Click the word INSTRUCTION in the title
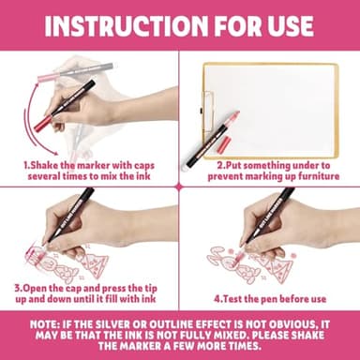pyautogui.click(x=126, y=25)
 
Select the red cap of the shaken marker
pyautogui.click(x=42, y=123)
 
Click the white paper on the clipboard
pyautogui.click(x=274, y=110)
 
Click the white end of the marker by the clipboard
pyautogui.click(x=185, y=167)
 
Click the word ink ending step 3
pyautogui.click(x=149, y=299)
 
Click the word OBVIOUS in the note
pyautogui.click(x=289, y=324)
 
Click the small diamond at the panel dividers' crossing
pyautogui.click(x=179, y=187)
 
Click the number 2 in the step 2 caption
pyautogui.click(x=219, y=165)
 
